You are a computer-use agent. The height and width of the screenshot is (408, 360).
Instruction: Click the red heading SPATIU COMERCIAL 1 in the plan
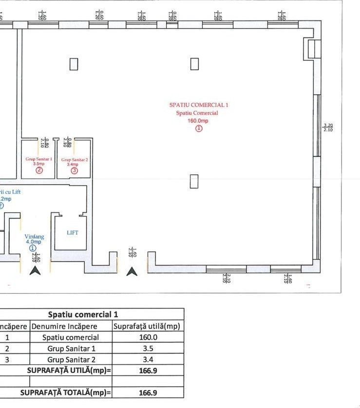click(x=198, y=105)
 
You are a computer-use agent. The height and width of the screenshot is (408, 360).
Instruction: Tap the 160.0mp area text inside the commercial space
click(x=198, y=121)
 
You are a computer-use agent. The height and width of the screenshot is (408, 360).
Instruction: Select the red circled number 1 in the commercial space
click(x=198, y=129)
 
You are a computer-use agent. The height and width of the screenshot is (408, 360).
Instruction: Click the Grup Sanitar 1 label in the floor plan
click(x=38, y=159)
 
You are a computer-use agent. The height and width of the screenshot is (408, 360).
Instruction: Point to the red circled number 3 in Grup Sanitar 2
click(x=74, y=170)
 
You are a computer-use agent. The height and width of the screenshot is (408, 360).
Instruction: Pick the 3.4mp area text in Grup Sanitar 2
click(x=74, y=165)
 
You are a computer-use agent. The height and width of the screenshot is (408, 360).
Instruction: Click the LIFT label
click(x=73, y=233)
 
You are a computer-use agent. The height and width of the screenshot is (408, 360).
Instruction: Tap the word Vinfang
click(x=34, y=237)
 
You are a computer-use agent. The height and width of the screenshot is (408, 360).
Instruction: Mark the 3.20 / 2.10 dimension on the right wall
click(x=328, y=128)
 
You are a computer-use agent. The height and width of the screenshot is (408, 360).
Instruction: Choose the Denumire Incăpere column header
click(x=71, y=326)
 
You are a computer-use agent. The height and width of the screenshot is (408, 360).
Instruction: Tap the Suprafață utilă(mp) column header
click(x=148, y=326)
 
